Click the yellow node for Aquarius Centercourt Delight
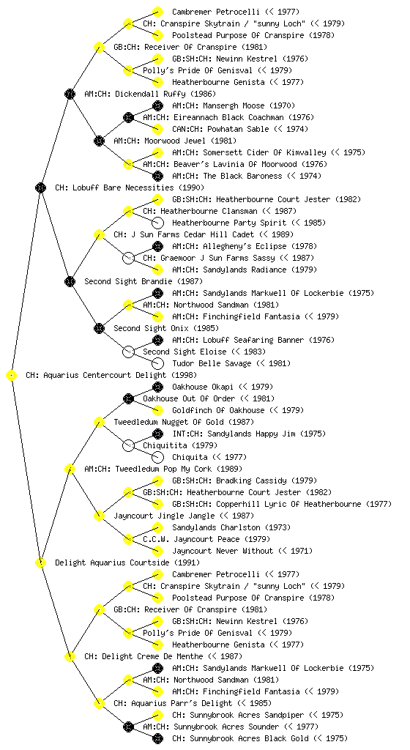tap(12, 376)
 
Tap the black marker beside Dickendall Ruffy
tap(70, 94)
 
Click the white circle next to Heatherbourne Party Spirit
tap(157, 223)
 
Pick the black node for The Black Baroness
tap(157, 176)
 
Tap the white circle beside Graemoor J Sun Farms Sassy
tap(128, 259)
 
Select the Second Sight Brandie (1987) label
tap(143, 282)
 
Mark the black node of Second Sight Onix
tap(99, 329)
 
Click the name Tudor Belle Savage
tap(212, 363)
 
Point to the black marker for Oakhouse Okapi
tap(157, 387)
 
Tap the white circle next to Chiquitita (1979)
tap(128, 446)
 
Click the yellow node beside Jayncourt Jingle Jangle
tap(99, 516)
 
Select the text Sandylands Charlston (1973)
tap(231, 527)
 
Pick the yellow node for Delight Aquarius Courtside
tap(40, 563)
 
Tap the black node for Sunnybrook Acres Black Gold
tap(157, 738)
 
